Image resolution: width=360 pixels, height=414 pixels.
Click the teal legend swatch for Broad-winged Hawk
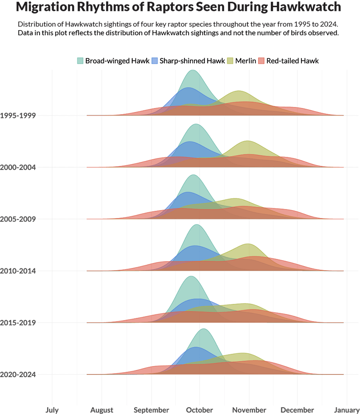(x=80, y=61)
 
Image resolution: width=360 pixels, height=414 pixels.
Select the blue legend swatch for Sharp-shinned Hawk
(x=154, y=61)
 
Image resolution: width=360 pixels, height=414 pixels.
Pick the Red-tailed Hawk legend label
(x=292, y=61)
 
